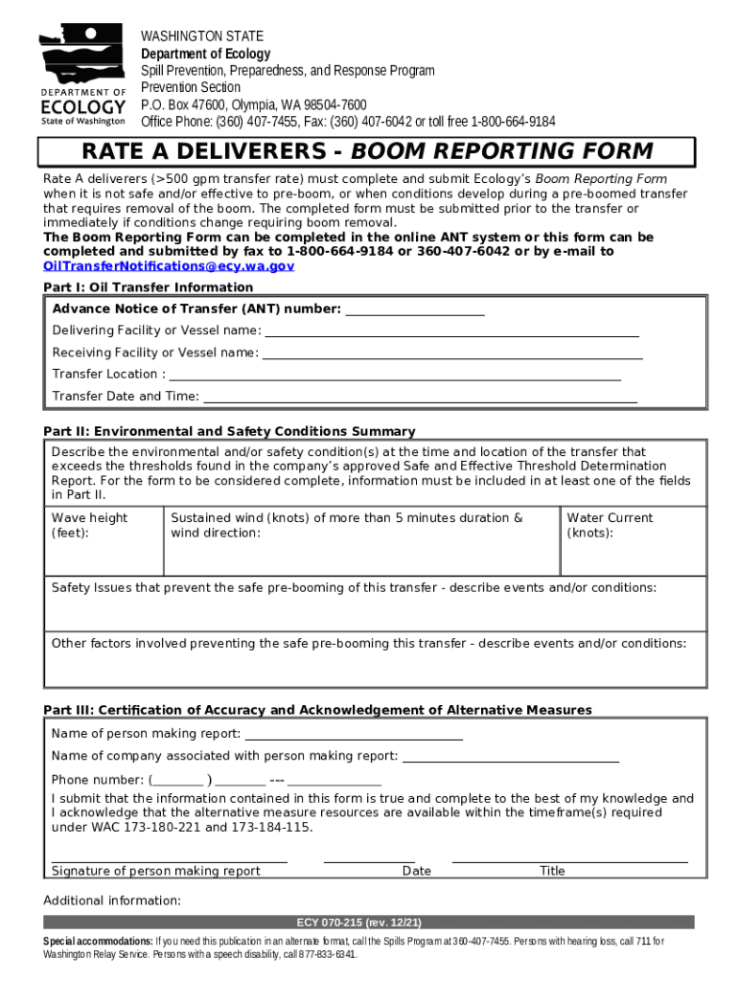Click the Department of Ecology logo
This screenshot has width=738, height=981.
pos(82,76)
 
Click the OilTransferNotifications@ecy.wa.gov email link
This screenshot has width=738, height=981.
pos(169,266)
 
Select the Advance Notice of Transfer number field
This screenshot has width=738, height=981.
pos(414,312)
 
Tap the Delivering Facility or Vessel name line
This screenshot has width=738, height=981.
pos(451,334)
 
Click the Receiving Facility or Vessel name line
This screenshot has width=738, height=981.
pos(452,356)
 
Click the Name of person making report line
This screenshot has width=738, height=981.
pos(354,738)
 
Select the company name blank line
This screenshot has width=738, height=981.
pos(510,760)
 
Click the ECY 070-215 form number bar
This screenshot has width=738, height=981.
pos(369,923)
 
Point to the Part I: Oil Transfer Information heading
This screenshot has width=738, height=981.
pos(149,287)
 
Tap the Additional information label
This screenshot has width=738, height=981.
pos(112,901)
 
